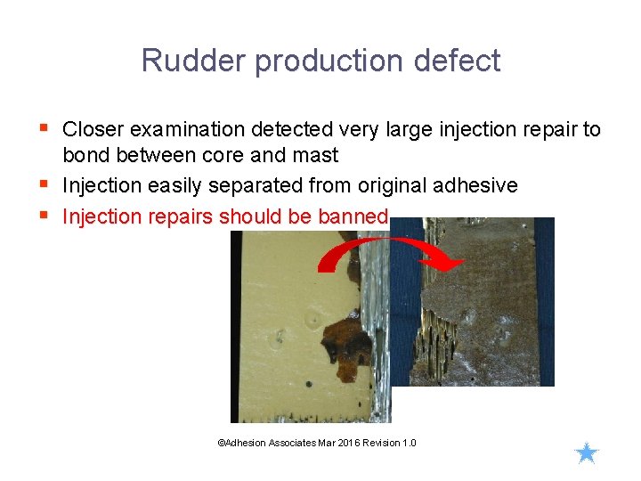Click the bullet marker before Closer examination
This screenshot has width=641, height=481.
pyautogui.click(x=46, y=129)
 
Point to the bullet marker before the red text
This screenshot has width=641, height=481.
pyautogui.click(x=46, y=216)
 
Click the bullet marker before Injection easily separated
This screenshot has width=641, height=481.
pyautogui.click(x=46, y=185)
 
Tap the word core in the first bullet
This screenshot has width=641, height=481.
pyautogui.click(x=239, y=156)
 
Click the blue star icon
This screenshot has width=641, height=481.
pyautogui.click(x=586, y=454)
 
